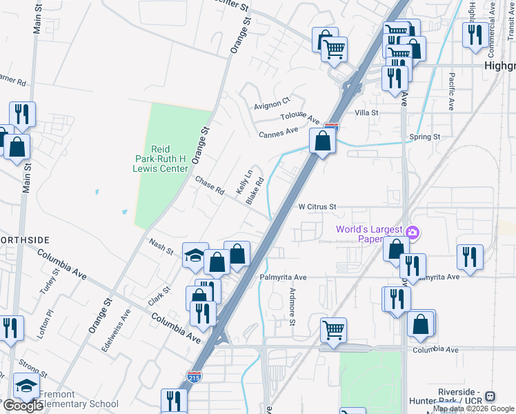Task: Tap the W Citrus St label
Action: [x=317, y=206]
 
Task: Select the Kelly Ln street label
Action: [x=243, y=181]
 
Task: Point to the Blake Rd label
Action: [x=255, y=190]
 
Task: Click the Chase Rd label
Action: [x=210, y=185]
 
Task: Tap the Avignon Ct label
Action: [x=272, y=103]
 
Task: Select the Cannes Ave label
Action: [x=278, y=131]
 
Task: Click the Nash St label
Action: [x=161, y=246]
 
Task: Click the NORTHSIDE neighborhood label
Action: [x=25, y=239]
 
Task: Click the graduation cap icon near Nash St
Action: [x=195, y=255]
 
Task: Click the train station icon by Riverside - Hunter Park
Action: [x=490, y=397]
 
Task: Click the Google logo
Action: [x=22, y=406]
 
